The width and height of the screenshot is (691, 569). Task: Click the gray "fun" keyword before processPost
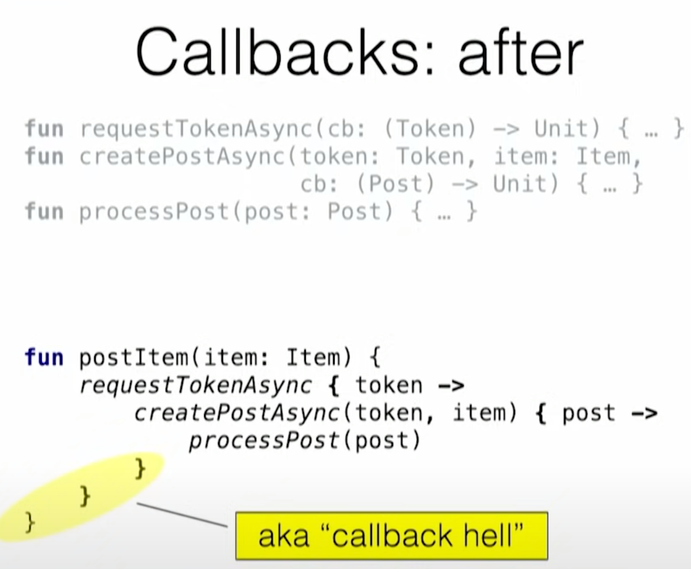click(44, 212)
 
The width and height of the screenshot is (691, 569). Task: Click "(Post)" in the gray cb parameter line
click(396, 185)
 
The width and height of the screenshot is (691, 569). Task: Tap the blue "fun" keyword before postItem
click(44, 357)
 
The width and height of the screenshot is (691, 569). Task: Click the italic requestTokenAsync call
click(195, 385)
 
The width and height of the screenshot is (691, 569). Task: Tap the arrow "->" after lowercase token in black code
click(450, 385)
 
